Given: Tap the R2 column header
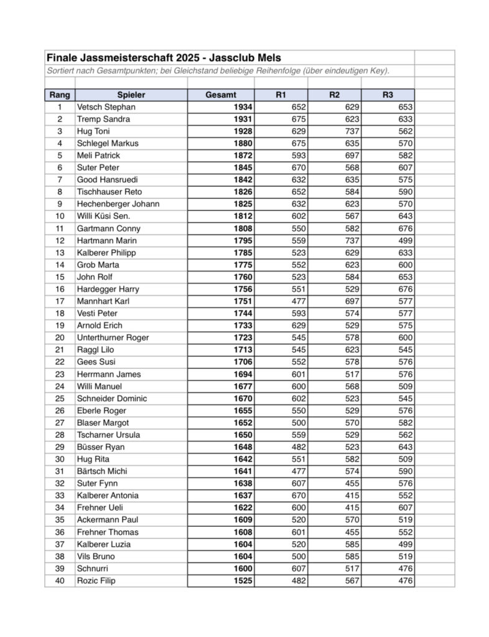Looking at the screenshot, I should [334, 95].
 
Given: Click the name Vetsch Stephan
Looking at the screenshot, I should [106, 107].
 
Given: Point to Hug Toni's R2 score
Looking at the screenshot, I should [351, 131].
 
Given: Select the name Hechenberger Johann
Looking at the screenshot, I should [118, 204].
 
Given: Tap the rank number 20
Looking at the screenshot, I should [60, 338].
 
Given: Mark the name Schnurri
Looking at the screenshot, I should [93, 569].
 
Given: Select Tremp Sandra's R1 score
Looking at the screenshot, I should [299, 119].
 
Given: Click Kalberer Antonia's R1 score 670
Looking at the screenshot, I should [299, 496].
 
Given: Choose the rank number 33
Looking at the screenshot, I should [60, 496].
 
